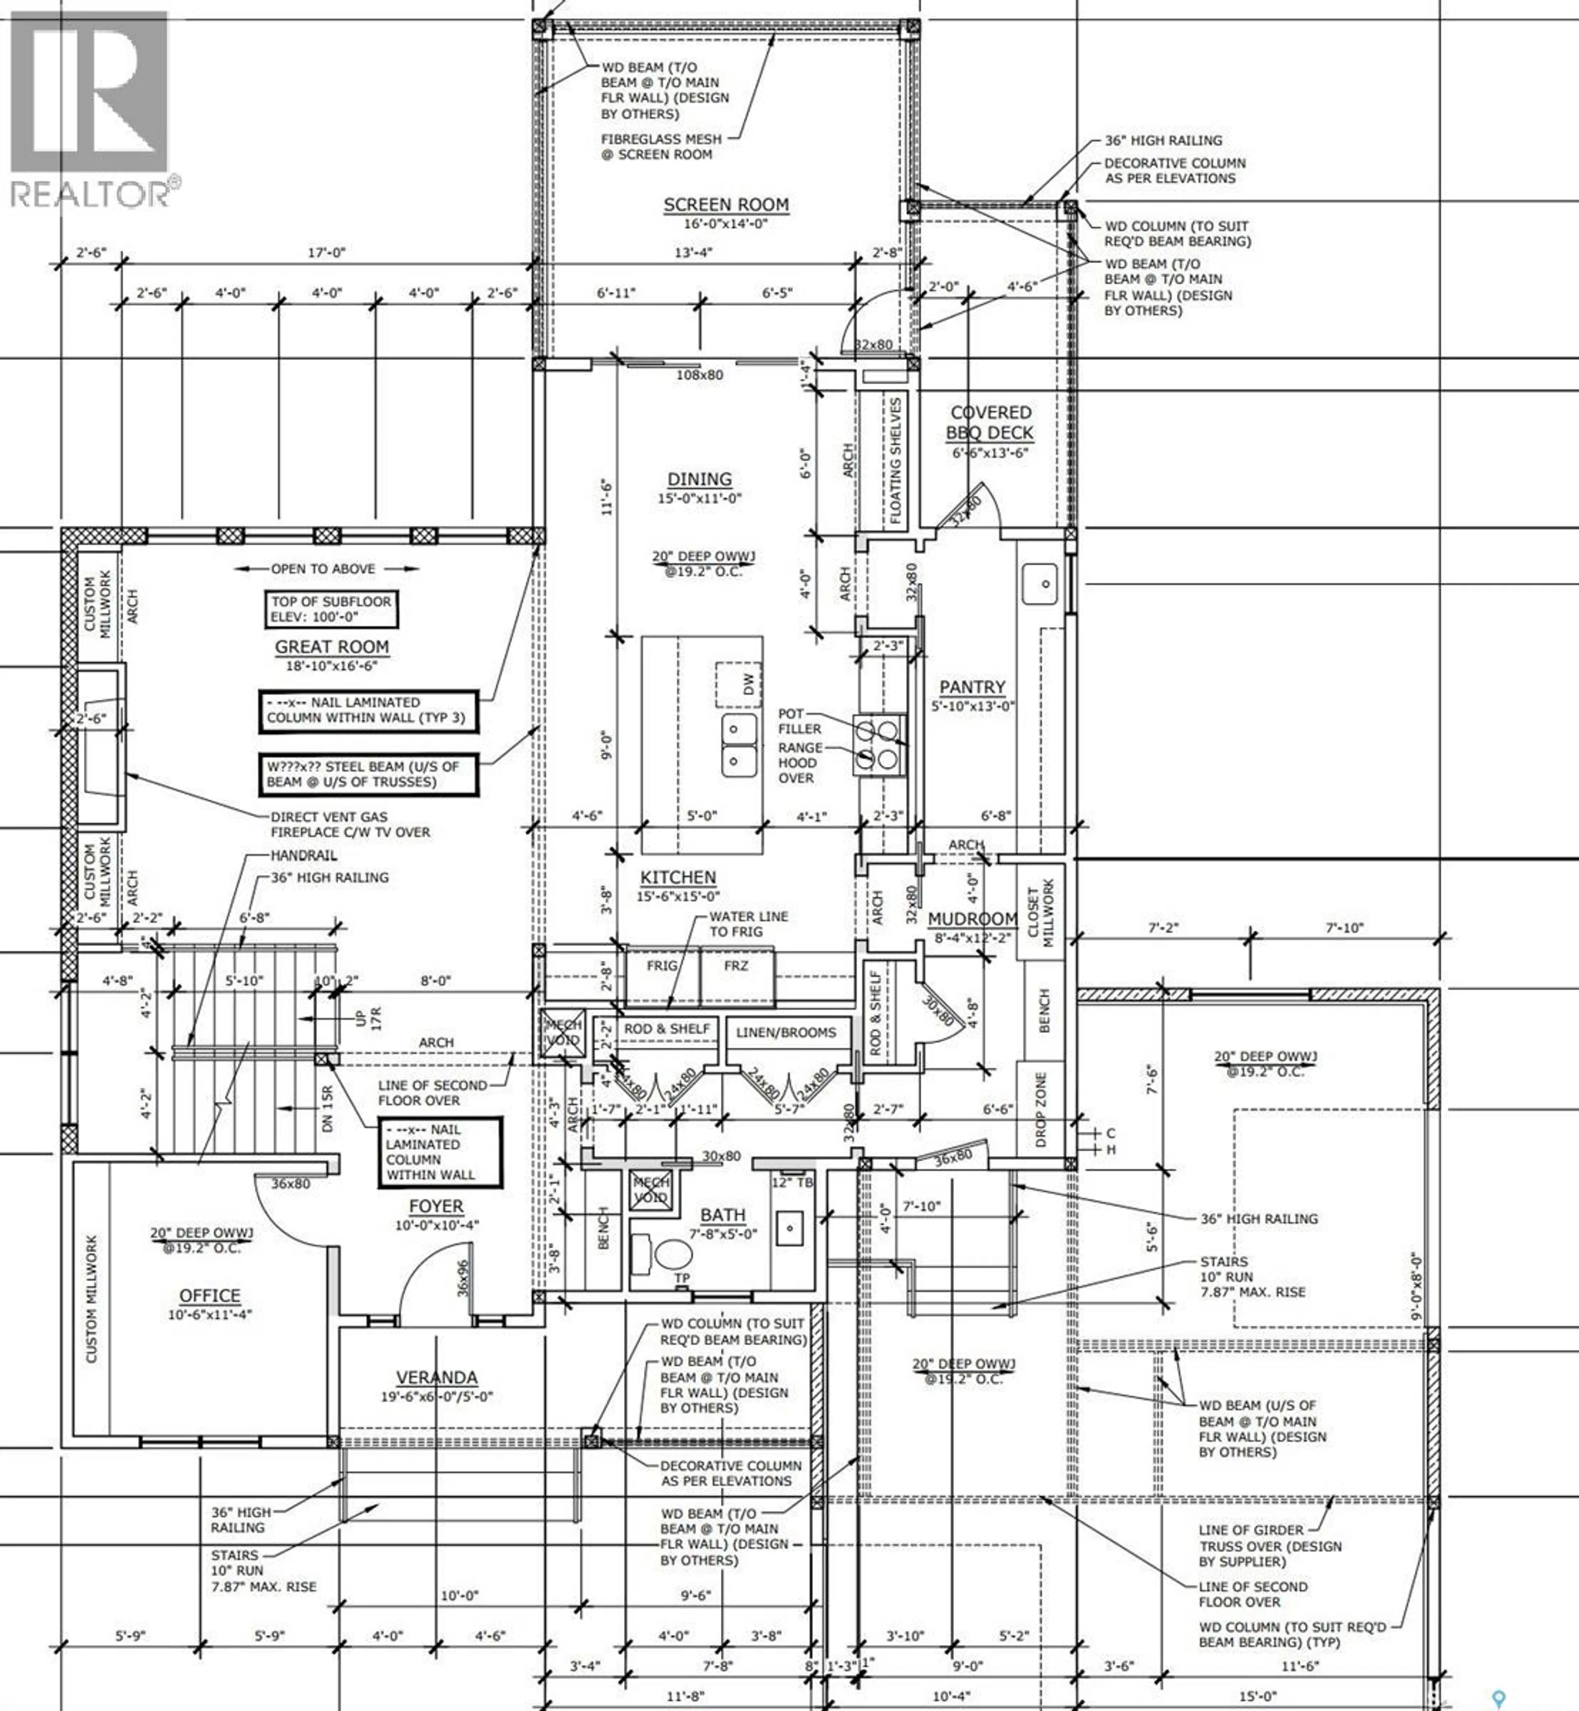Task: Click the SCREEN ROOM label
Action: [725, 205]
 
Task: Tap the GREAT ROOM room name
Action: [331, 647]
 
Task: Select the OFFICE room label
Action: [209, 1295]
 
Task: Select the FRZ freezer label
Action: [736, 966]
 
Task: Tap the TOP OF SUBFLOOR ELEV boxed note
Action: [331, 608]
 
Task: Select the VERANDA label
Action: [437, 1378]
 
